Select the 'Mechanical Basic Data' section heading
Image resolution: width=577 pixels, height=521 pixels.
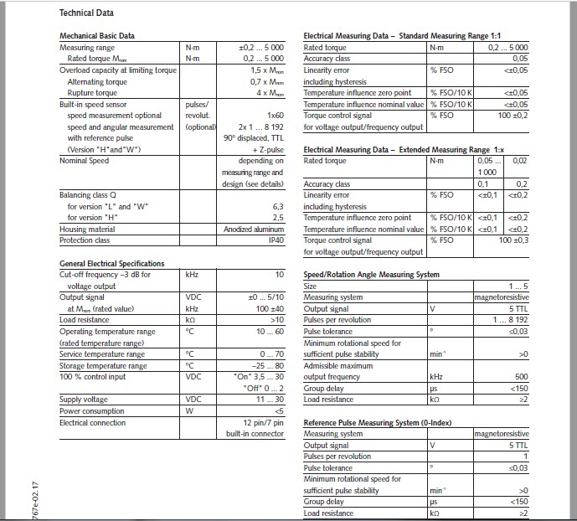pyautogui.click(x=97, y=36)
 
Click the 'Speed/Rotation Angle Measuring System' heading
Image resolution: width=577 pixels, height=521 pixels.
pyautogui.click(x=371, y=274)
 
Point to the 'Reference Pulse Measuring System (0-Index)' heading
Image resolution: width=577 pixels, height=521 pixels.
pyautogui.click(x=384, y=422)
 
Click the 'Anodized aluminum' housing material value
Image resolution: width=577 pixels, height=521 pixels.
pyautogui.click(x=254, y=229)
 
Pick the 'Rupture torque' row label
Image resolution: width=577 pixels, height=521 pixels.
pyautogui.click(x=88, y=93)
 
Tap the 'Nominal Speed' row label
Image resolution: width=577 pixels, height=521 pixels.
pyautogui.click(x=85, y=161)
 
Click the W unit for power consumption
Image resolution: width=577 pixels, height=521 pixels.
pyautogui.click(x=189, y=411)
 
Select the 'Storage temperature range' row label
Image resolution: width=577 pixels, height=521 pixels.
pyautogui.click(x=103, y=366)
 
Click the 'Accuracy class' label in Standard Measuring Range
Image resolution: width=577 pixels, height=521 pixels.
pyautogui.click(x=327, y=59)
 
